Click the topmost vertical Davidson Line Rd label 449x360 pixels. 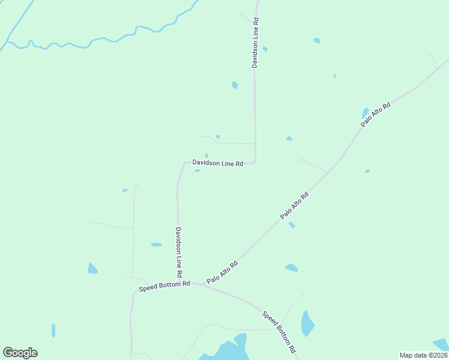(x=255, y=43)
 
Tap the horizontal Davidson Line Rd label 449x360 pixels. (x=217, y=163)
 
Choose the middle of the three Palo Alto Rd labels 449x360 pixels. (x=294, y=205)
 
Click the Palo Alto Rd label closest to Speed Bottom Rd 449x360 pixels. (x=222, y=272)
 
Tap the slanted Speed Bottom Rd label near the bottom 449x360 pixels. (x=279, y=331)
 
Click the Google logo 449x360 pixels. (x=20, y=353)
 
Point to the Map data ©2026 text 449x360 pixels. (x=424, y=355)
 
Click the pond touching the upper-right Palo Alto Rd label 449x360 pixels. (x=365, y=112)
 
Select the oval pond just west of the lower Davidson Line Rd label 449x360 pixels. (x=156, y=245)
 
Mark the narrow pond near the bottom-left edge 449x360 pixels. (x=53, y=330)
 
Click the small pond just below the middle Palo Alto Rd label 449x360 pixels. (x=292, y=225)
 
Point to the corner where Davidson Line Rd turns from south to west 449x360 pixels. (x=255, y=161)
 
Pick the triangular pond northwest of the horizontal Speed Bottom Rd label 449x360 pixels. (x=92, y=269)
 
